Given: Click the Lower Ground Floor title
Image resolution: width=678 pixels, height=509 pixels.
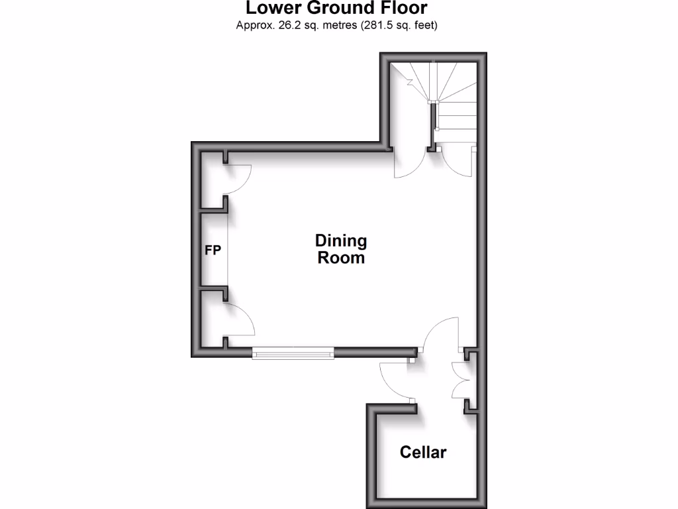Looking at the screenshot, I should [x=336, y=9].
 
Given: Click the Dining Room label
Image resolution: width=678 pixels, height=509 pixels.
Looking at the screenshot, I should [x=341, y=249].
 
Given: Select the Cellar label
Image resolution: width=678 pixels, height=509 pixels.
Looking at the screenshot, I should [x=423, y=453].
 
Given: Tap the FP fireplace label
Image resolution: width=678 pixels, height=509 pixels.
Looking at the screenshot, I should [x=212, y=251].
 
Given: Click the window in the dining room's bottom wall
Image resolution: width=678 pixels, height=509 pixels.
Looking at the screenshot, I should [x=293, y=353].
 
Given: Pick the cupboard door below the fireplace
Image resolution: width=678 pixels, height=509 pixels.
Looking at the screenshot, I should [x=240, y=321].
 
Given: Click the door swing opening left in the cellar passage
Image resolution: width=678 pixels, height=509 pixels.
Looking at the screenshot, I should [x=396, y=381].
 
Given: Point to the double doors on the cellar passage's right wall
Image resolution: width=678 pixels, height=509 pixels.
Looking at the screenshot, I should [x=461, y=380].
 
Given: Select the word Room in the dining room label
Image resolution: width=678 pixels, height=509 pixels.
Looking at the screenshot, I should [x=341, y=258].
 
